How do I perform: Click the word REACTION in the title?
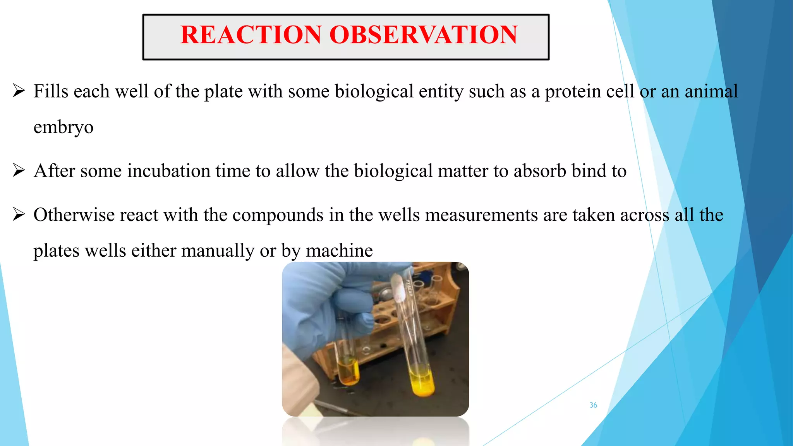point(251,35)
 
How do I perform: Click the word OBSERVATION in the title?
point(423,35)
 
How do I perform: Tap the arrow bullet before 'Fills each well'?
point(19,91)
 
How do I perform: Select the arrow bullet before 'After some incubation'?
point(19,170)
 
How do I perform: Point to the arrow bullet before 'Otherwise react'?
point(19,214)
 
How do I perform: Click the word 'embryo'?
point(64,127)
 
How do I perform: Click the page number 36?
point(593,405)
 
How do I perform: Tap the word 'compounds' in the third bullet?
point(278,215)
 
